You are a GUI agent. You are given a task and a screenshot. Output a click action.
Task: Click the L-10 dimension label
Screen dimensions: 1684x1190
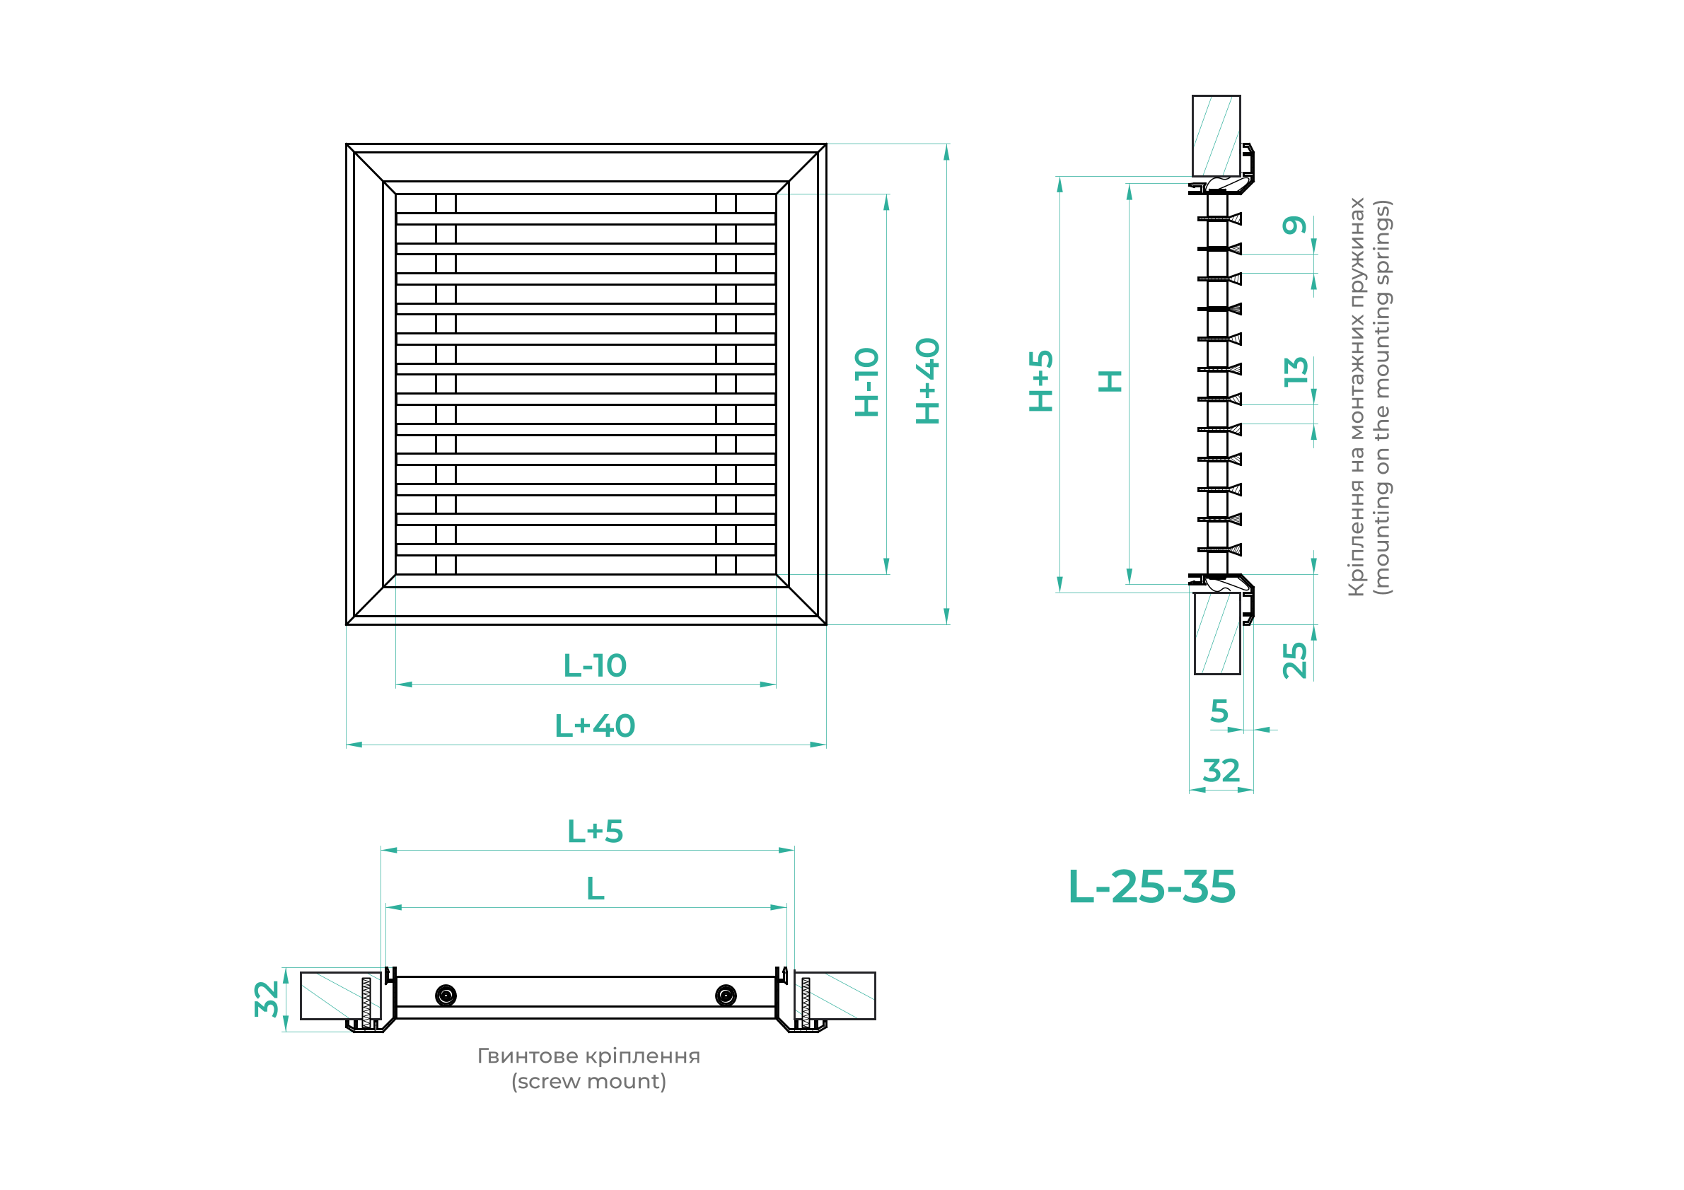coord(595,666)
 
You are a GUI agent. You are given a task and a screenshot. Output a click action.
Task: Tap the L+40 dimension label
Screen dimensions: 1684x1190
coord(595,726)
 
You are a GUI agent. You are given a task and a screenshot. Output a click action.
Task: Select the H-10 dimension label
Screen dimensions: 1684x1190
coord(867,382)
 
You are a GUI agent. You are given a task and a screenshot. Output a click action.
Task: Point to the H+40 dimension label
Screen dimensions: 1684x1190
coord(928,381)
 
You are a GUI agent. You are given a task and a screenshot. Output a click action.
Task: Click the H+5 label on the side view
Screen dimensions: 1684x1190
coord(1041,380)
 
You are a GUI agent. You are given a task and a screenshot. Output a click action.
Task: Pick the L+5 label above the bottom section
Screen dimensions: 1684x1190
coord(595,832)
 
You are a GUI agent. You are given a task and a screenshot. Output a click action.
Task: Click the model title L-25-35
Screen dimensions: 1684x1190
coord(1152,887)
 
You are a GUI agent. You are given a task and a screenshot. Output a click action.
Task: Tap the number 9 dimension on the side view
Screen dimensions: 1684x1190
coord(1294,225)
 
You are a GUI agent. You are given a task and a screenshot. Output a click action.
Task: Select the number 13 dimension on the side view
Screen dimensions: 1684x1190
coord(1296,372)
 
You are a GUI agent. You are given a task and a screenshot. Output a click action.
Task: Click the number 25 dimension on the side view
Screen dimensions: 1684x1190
coord(1294,660)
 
